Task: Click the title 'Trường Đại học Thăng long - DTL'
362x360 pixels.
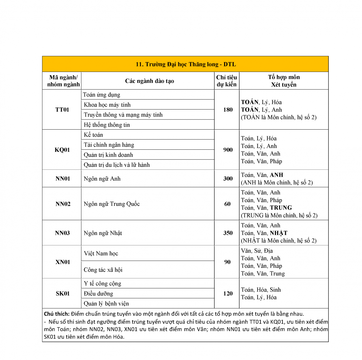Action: pyautogui.click(x=185, y=64)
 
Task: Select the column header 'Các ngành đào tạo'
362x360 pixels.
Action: pyautogui.click(x=149, y=81)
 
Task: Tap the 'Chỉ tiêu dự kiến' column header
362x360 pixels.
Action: pyautogui.click(x=227, y=81)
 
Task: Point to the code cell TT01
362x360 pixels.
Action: pyautogui.click(x=62, y=109)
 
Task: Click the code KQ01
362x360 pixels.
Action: pyautogui.click(x=62, y=150)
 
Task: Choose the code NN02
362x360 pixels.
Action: pyautogui.click(x=63, y=204)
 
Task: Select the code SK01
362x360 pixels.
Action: pyautogui.click(x=63, y=293)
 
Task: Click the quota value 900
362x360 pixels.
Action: pyautogui.click(x=228, y=150)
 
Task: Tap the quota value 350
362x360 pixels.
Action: pyautogui.click(x=228, y=233)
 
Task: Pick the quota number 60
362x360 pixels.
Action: pyautogui.click(x=227, y=204)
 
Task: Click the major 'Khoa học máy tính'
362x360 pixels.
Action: pyautogui.click(x=107, y=105)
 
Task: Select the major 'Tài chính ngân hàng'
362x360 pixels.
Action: pyautogui.click(x=109, y=145)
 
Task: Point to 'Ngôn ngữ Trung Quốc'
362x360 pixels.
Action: pyautogui.click(x=112, y=204)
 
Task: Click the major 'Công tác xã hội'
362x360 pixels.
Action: pyautogui.click(x=103, y=270)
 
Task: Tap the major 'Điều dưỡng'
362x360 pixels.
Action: pyautogui.click(x=98, y=293)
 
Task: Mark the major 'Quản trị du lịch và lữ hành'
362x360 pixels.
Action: pyautogui.click(x=117, y=165)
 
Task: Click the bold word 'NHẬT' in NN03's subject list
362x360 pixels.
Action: pyautogui.click(x=279, y=233)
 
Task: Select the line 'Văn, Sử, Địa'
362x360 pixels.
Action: pyautogui.click(x=257, y=251)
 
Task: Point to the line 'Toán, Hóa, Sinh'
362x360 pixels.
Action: pyautogui.click(x=261, y=290)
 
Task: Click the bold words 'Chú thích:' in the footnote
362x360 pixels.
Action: pyautogui.click(x=57, y=314)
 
